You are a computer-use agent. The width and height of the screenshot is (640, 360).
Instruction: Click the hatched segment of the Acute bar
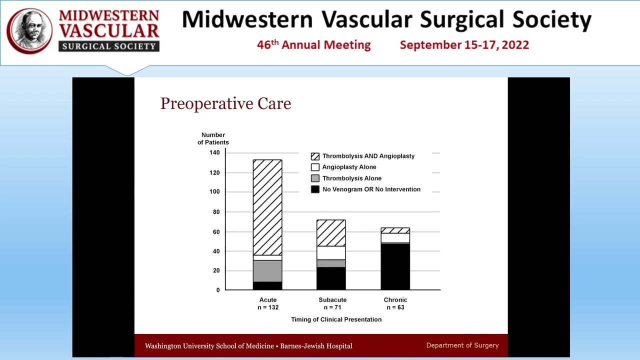pos(267,207)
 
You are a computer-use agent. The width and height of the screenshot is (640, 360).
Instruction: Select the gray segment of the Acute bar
pos(267,271)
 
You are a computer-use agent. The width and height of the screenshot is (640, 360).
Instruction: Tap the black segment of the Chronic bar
pos(395,266)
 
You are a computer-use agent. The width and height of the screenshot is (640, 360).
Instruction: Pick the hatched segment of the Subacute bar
pos(331,233)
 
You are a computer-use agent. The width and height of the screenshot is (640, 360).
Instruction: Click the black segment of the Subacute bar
pos(331,278)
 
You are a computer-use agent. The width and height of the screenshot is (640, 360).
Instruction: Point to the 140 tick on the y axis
pos(214,152)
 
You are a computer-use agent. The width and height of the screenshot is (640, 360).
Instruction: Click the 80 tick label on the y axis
pos(216,212)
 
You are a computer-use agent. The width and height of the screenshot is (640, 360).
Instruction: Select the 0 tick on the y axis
pos(218,290)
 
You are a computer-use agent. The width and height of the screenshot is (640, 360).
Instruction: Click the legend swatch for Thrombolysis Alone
pos(315,178)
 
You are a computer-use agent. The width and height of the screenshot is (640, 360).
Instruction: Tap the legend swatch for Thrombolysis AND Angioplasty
pos(315,156)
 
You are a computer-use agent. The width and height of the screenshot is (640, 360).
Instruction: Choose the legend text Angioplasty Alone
pos(349,167)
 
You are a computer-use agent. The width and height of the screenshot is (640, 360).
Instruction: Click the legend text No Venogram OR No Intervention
pos(371,189)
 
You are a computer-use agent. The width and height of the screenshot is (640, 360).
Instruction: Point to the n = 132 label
pos(268,307)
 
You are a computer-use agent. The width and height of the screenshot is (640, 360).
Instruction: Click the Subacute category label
pos(332,300)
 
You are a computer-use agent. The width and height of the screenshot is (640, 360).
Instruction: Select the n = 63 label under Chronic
pos(395,307)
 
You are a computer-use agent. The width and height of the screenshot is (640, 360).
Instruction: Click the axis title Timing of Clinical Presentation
pos(336,319)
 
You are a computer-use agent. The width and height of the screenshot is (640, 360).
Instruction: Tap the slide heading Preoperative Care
pos(225,103)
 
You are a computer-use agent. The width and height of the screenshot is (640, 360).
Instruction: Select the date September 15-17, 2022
pos(464,45)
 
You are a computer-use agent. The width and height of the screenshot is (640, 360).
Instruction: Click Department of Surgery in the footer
pos(462,345)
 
